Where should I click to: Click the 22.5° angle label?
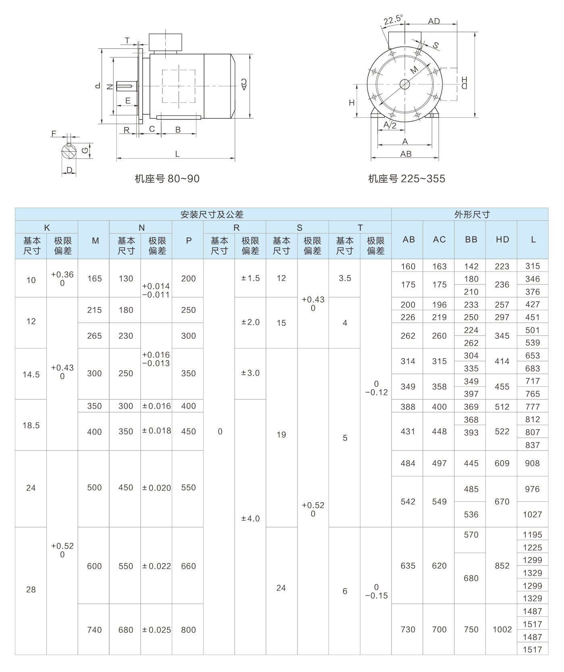(393, 19)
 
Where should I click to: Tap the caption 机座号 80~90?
(167, 179)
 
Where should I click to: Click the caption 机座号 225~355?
(406, 179)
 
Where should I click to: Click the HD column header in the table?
(502, 240)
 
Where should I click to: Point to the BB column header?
(471, 240)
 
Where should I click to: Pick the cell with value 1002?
(502, 630)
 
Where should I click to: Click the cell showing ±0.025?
(156, 630)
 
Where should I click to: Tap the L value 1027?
(532, 515)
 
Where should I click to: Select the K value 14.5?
(31, 375)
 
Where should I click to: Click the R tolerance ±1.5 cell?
(250, 278)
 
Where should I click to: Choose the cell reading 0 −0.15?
(376, 591)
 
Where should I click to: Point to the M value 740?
(94, 630)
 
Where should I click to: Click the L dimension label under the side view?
(177, 154)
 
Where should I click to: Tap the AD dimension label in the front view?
(434, 21)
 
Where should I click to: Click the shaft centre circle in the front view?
(405, 84)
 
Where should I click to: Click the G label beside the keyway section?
(84, 150)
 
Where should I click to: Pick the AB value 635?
(408, 566)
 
